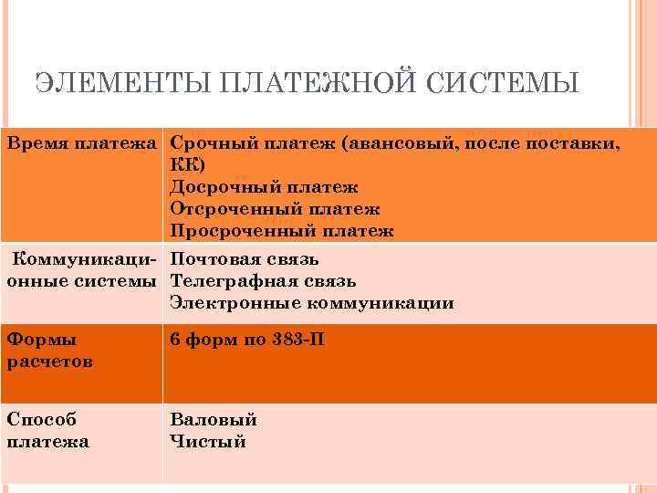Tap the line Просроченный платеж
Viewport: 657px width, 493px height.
pyautogui.click(x=282, y=231)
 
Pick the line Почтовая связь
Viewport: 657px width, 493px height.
pyautogui.click(x=245, y=259)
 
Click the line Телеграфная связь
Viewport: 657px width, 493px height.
pyautogui.click(x=263, y=281)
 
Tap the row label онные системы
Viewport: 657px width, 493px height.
pyautogui.click(x=82, y=281)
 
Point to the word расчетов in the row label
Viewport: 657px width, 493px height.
pyautogui.click(x=48, y=362)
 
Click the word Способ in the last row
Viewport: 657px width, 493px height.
pyautogui.click(x=41, y=420)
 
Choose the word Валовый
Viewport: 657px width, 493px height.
pyautogui.click(x=214, y=420)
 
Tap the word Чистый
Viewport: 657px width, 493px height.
pyautogui.click(x=208, y=442)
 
